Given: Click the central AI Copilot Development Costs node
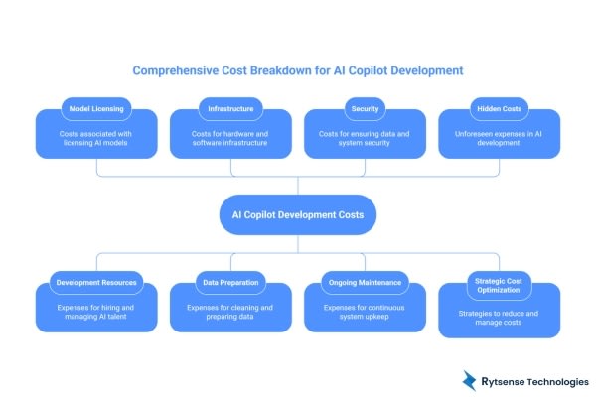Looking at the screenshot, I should (x=297, y=213).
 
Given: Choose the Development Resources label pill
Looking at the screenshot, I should (x=97, y=283).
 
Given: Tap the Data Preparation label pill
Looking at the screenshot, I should (x=231, y=283).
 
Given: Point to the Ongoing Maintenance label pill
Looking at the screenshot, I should (x=365, y=283).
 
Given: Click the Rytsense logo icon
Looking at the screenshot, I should (x=470, y=379).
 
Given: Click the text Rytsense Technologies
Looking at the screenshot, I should (x=536, y=381).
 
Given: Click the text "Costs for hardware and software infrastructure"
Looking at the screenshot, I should (x=231, y=140).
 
